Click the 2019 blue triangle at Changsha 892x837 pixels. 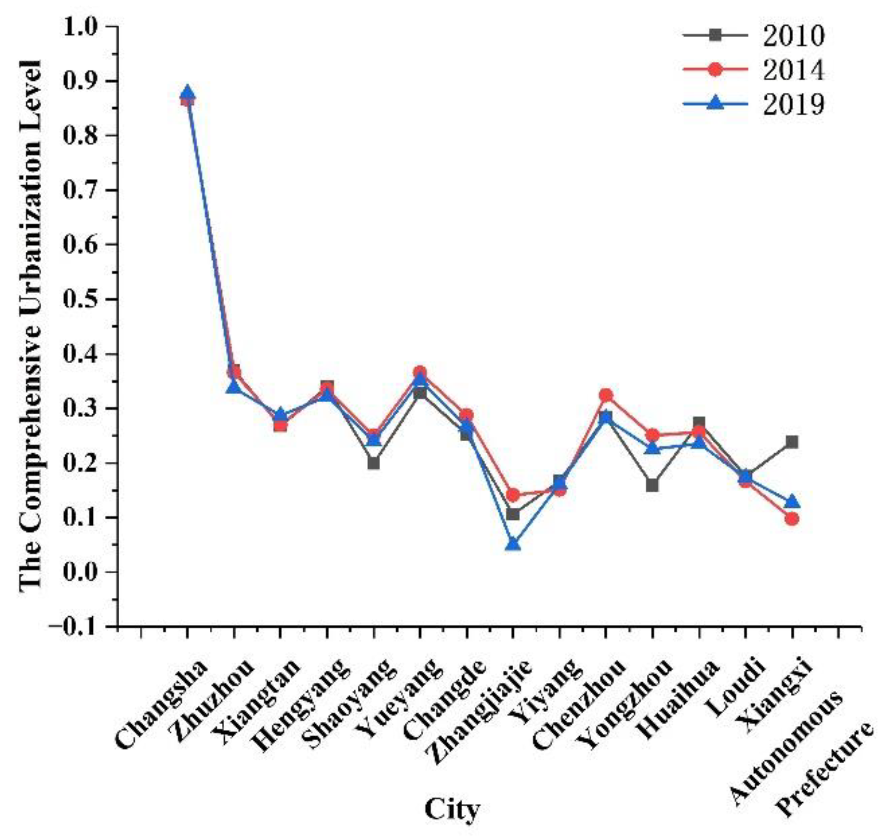point(187,92)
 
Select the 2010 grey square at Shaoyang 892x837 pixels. point(374,463)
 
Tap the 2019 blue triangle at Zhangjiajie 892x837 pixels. point(513,544)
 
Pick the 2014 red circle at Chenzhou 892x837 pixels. point(606,396)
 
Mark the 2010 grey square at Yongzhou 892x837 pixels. point(652,486)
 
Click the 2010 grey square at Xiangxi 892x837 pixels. point(792,442)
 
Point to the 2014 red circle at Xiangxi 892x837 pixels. point(792,519)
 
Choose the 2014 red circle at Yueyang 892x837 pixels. point(420,373)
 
